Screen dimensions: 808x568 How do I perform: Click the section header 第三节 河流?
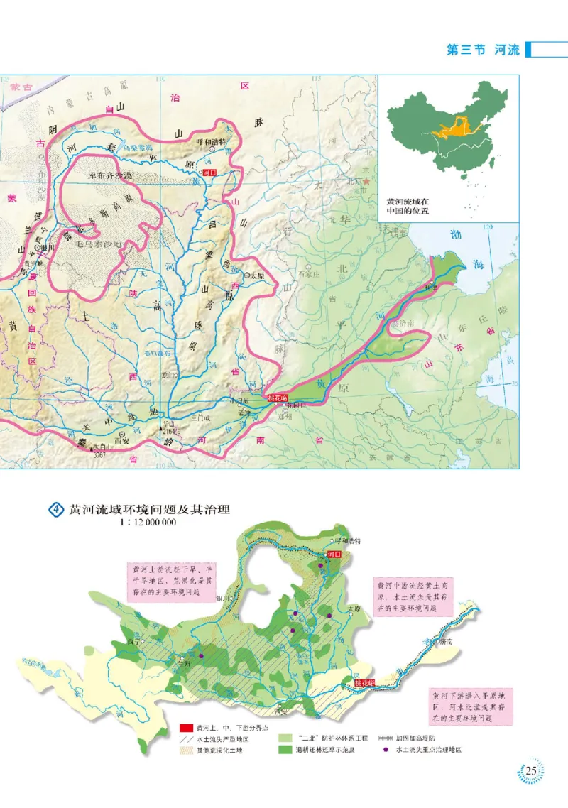[482, 50]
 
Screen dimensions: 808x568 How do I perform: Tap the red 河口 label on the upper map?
[209, 172]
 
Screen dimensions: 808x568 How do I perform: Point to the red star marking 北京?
[366, 182]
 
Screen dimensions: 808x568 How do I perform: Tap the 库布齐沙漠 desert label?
[110, 174]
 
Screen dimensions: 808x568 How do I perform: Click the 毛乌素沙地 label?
[99, 244]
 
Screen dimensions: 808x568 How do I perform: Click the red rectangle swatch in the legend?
[186, 727]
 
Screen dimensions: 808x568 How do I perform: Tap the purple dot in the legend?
[385, 749]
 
